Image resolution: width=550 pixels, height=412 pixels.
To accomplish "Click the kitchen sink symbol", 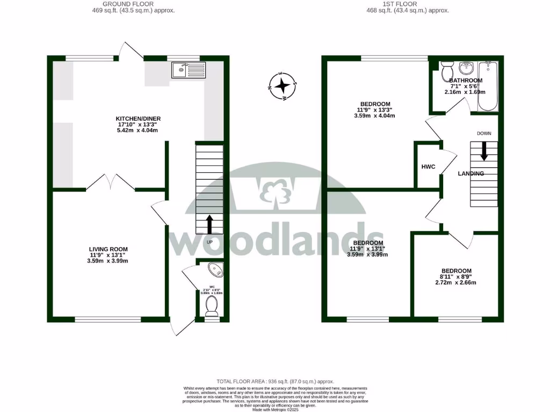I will point(189,70).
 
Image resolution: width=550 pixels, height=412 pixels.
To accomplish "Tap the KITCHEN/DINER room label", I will point(139,119).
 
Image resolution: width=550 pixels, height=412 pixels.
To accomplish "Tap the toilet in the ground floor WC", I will point(212,305).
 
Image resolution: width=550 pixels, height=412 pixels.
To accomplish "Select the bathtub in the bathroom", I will point(488,86).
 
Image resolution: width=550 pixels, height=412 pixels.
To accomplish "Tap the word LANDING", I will point(471,173).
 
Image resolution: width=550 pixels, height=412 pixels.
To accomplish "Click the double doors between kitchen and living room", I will point(110,183).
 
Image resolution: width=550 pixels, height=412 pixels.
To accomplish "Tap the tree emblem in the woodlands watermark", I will point(275,190).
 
